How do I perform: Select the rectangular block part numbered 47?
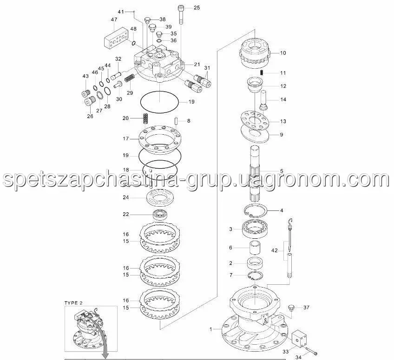tap(117, 39)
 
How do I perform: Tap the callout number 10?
tap(282, 53)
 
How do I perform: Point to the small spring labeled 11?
tap(262, 72)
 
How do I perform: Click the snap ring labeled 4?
tap(256, 210)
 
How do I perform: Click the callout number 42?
tap(275, 250)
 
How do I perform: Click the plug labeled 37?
tap(291, 308)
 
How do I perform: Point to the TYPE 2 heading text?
tap(73, 303)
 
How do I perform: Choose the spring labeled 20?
tap(145, 118)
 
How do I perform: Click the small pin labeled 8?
tap(176, 120)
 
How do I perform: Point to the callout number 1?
tap(211, 329)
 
